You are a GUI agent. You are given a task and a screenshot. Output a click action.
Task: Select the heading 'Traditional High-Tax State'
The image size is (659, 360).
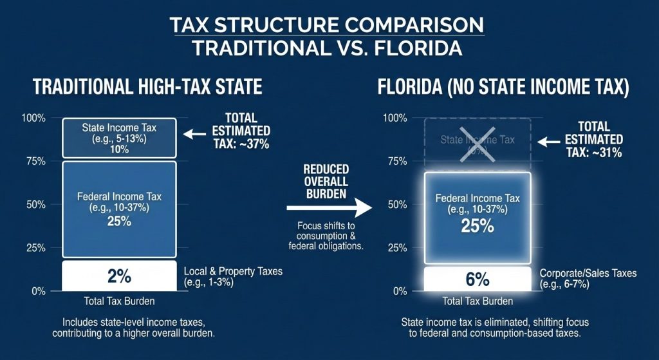click(x=147, y=88)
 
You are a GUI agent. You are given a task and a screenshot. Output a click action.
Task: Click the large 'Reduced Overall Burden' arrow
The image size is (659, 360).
click(x=329, y=207)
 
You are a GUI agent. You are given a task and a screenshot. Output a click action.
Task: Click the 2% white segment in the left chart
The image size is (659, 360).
click(x=119, y=276)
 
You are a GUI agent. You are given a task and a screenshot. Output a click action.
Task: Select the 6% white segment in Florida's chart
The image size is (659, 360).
click(x=477, y=279)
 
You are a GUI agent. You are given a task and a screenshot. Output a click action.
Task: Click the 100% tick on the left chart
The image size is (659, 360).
click(x=34, y=118)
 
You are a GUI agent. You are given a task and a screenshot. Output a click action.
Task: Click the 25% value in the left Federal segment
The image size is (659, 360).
click(x=119, y=221)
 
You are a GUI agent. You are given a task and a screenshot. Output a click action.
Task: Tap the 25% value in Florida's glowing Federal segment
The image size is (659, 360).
click(x=477, y=225)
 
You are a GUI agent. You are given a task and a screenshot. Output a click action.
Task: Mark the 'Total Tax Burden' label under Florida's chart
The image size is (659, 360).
click(x=477, y=301)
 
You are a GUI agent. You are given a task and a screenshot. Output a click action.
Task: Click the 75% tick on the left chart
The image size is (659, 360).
click(x=35, y=162)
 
